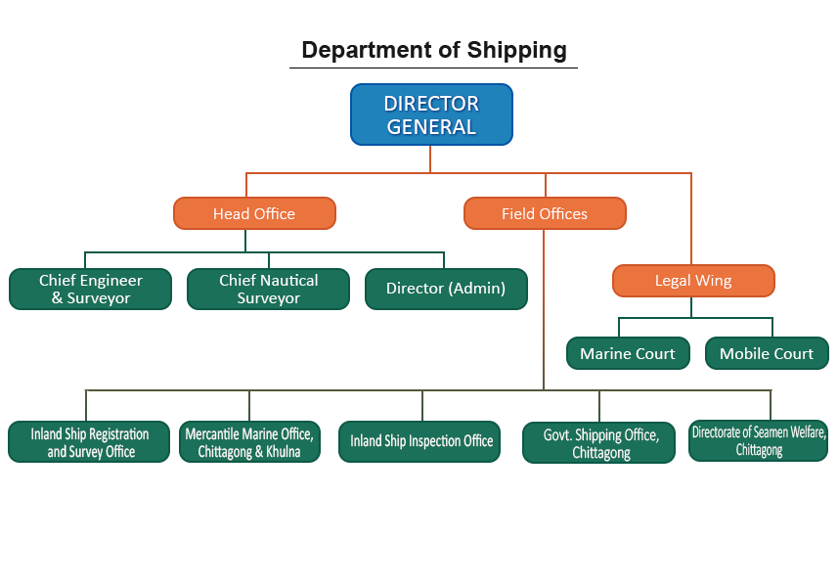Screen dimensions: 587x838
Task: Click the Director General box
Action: point(431,114)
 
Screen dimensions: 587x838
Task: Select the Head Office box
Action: point(254,213)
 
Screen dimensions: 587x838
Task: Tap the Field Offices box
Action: point(545,213)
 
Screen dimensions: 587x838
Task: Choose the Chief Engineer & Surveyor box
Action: point(90,289)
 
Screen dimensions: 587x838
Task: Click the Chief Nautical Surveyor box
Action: point(268,289)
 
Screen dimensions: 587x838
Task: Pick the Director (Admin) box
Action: point(446,289)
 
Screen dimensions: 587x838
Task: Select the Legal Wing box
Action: point(693,281)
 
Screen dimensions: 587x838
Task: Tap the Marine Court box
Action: point(628,353)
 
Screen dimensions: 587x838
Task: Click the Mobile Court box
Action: point(767,353)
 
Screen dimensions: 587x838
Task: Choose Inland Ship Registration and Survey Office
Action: point(90,442)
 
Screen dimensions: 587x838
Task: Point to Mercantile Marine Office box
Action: point(249,442)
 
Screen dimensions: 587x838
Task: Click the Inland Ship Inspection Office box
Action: point(421,441)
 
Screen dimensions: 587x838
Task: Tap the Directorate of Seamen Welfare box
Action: point(760,440)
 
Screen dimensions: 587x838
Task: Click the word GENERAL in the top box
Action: point(431,127)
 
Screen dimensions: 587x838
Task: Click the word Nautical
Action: point(290,280)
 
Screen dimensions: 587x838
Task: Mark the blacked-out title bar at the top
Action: point(433,51)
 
